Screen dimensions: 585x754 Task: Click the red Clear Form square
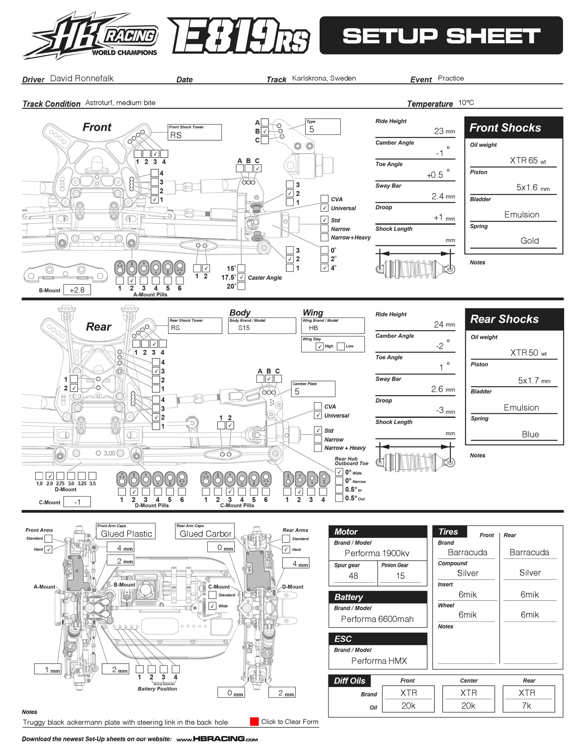[x=254, y=722]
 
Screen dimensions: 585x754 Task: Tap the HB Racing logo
[x=91, y=36]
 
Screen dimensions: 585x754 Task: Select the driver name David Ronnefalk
[x=82, y=78]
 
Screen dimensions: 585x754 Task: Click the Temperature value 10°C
[x=466, y=102]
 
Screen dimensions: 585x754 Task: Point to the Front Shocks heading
[x=505, y=128]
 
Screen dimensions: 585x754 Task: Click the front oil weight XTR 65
[x=523, y=160]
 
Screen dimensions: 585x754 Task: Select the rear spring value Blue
[x=530, y=434]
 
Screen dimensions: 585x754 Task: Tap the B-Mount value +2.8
[x=77, y=290]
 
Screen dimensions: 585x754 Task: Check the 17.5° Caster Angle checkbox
[x=242, y=277]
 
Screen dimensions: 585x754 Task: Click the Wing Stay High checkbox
[x=320, y=346]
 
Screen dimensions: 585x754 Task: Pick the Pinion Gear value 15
[x=400, y=576]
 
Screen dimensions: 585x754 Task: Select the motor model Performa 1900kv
[x=377, y=553]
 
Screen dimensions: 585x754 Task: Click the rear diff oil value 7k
[x=526, y=705]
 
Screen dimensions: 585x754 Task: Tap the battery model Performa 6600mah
[x=377, y=619]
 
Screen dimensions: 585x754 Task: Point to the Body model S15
[x=244, y=328]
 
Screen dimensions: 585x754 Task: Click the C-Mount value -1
[x=77, y=502]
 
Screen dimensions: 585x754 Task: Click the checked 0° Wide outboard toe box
[x=339, y=472]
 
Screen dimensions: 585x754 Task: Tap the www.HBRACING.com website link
[x=217, y=739]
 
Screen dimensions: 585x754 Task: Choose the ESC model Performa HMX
[x=379, y=661]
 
